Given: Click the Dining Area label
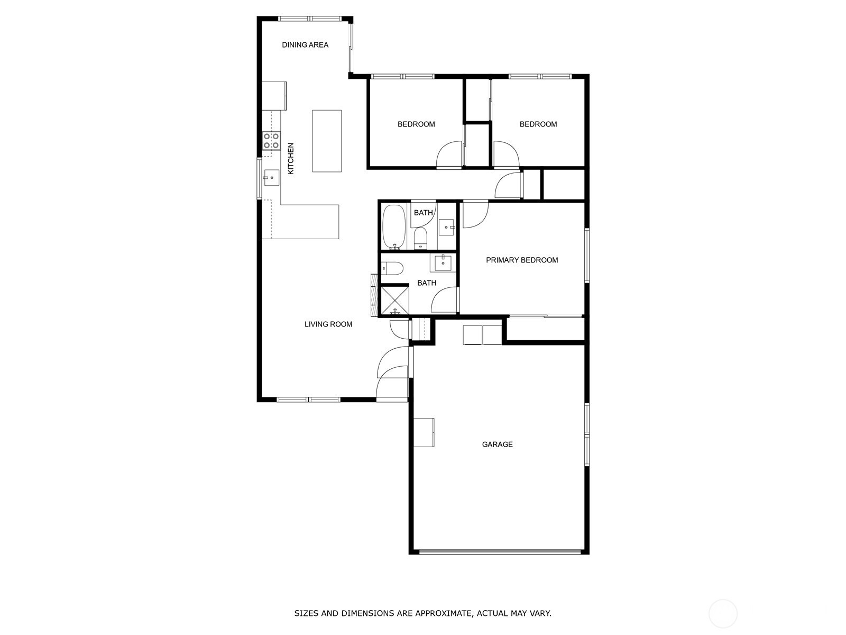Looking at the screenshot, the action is click(x=305, y=45).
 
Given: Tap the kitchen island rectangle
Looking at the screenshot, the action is click(x=326, y=141).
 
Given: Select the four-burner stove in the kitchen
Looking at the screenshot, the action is click(x=271, y=141).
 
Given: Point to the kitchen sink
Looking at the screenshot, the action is click(x=271, y=178).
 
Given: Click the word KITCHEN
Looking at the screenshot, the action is click(x=291, y=158).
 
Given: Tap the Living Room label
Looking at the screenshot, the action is click(x=328, y=324).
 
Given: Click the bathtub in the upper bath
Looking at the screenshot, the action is click(x=393, y=227).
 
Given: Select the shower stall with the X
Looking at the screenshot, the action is click(x=394, y=300).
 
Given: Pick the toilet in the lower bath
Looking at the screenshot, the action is click(x=392, y=268).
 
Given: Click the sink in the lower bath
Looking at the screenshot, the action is click(x=443, y=262).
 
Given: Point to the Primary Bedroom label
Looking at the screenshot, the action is click(x=522, y=260).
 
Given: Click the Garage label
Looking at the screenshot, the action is click(x=497, y=444).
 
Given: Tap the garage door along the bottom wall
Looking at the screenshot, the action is click(x=500, y=552).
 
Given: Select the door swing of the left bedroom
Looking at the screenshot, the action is click(x=449, y=155).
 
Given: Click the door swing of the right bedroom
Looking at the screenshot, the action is click(x=507, y=155).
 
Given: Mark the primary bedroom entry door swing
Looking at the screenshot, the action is click(x=475, y=214).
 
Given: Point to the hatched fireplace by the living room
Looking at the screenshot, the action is click(x=374, y=295).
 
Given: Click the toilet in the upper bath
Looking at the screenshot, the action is click(x=420, y=238).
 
